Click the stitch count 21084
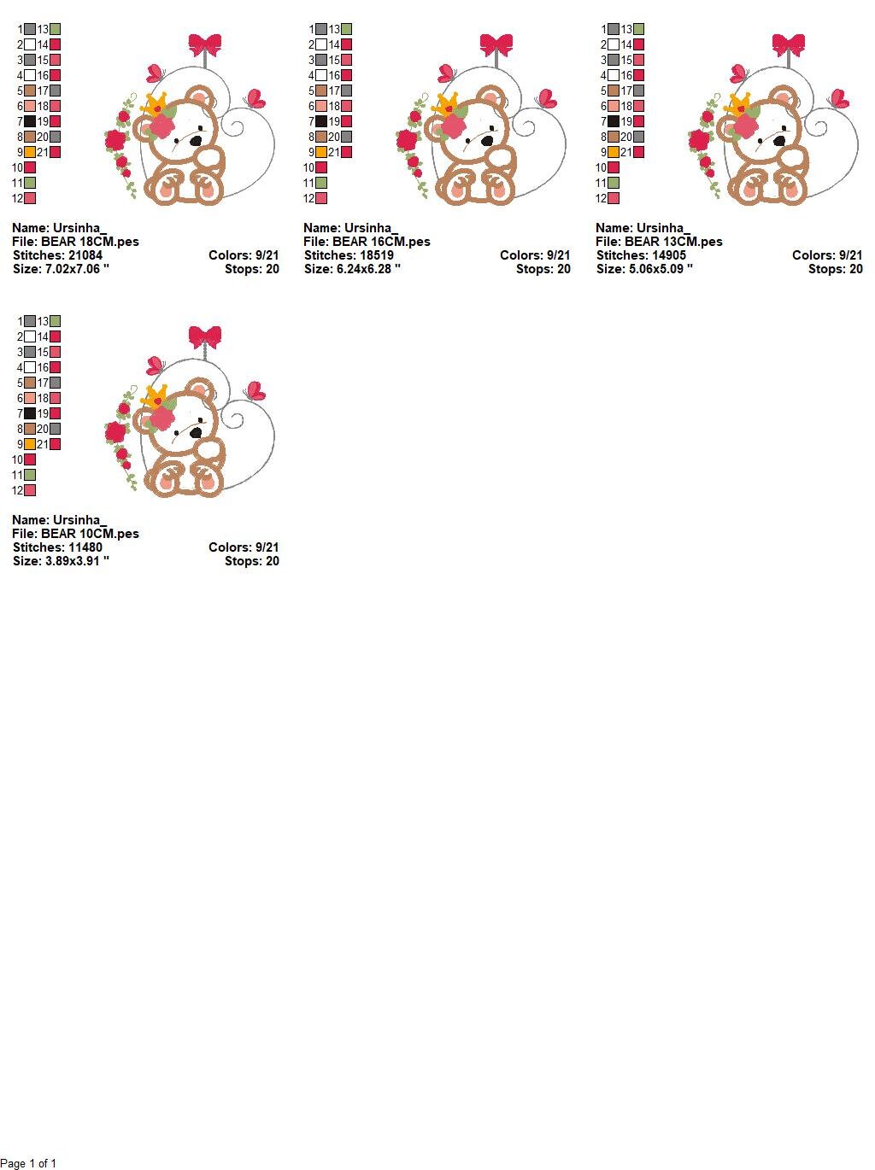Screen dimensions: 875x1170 click(85, 255)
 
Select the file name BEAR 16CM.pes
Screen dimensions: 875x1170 click(381, 242)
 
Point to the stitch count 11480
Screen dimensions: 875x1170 click(85, 547)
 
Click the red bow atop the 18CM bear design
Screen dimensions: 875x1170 click(205, 44)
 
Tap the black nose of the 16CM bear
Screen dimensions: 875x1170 click(487, 141)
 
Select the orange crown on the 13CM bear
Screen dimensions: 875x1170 click(738, 103)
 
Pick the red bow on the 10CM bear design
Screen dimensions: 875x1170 click(205, 336)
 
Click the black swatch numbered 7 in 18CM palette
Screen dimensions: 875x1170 click(30, 121)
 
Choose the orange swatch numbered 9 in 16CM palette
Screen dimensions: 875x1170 click(321, 153)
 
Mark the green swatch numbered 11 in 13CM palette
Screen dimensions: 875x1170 click(614, 183)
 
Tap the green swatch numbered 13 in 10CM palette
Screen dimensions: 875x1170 click(55, 321)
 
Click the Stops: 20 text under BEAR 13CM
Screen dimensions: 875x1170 click(835, 269)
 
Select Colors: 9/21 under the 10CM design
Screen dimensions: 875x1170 click(244, 547)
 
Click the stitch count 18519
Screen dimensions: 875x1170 click(377, 255)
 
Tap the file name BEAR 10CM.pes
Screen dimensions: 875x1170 click(90, 534)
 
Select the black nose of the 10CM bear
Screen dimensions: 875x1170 click(197, 432)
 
